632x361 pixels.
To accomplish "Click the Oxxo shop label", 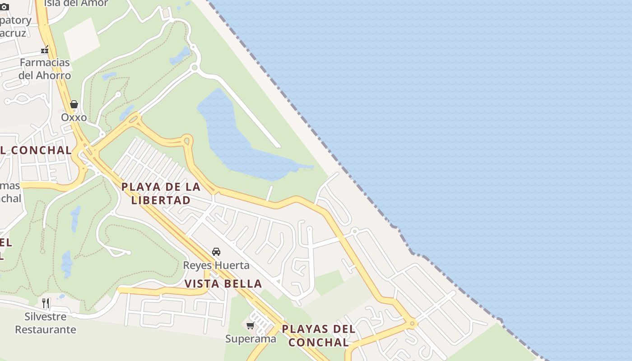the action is pyautogui.click(x=74, y=117).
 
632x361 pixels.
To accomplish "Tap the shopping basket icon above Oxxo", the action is pyautogui.click(x=74, y=105).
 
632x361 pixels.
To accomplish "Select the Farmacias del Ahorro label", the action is pyautogui.click(x=45, y=69).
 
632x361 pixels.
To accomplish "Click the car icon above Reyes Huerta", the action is pyautogui.click(x=216, y=252).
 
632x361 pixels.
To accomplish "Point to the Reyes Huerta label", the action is pyautogui.click(x=216, y=265).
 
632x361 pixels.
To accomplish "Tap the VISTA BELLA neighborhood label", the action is pyautogui.click(x=223, y=284).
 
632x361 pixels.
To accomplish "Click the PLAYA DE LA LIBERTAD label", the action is pyautogui.click(x=161, y=194).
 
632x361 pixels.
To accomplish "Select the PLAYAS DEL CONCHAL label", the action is pyautogui.click(x=319, y=335).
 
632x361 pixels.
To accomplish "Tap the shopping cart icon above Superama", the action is pyautogui.click(x=250, y=325).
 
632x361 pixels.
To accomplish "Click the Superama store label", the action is pyautogui.click(x=251, y=338).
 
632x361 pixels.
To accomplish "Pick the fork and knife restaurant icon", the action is pyautogui.click(x=46, y=303).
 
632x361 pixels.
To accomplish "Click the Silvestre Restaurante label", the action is pyautogui.click(x=46, y=323).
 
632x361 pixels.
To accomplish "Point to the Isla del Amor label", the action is pyautogui.click(x=76, y=3).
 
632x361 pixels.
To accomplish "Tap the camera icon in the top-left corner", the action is pyautogui.click(x=5, y=7).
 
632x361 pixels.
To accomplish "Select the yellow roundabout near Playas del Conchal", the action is pyautogui.click(x=412, y=324).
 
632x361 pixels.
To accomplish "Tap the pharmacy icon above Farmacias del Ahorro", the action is pyautogui.click(x=45, y=49).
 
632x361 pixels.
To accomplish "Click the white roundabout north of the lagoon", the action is pyautogui.click(x=195, y=68).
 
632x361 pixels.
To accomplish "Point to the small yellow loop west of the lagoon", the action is pyautogui.click(x=187, y=141).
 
